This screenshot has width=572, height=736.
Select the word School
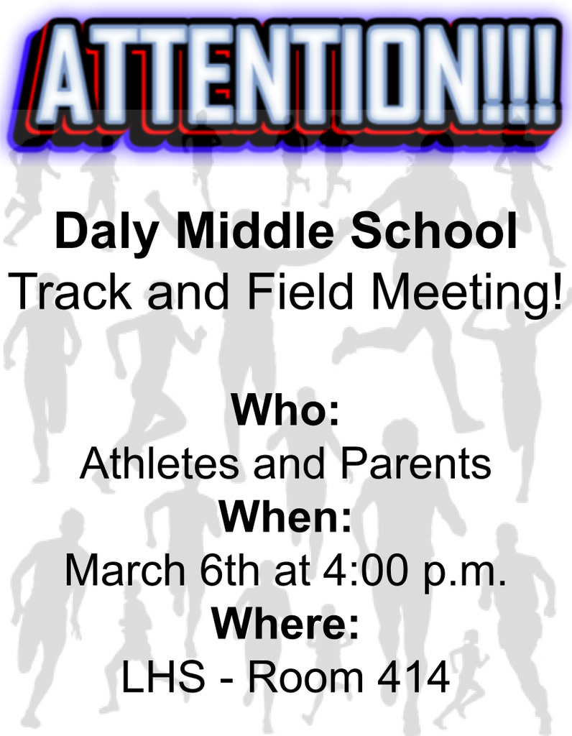435,231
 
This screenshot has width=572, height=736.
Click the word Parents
416,463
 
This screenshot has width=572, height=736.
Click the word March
125,570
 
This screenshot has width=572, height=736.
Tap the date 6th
229,570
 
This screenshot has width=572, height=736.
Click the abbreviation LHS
164,676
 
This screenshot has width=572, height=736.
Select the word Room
305,676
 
